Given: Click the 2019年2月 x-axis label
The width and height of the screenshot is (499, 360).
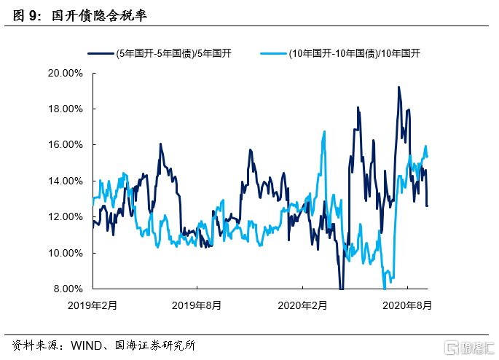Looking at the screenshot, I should pos(93,305).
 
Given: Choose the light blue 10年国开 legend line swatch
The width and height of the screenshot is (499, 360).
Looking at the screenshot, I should pos(273,52).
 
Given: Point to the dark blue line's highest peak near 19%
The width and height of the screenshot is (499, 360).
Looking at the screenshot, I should pos(398,87).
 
